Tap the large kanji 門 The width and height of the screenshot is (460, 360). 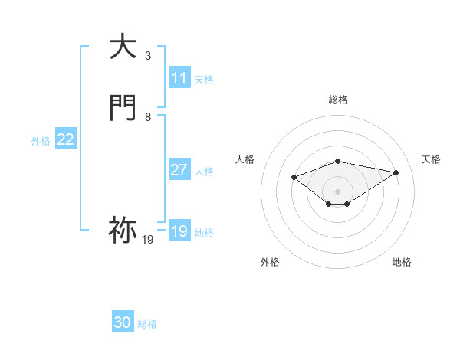tap(123, 108)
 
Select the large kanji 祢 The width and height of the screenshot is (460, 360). tap(123, 229)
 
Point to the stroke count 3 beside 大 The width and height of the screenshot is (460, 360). tap(148, 56)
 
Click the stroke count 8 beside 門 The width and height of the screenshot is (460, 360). tap(148, 117)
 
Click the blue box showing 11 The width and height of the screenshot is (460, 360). tap(179, 78)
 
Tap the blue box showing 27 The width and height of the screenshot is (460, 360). tap(179, 170)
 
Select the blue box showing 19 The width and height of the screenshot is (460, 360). tap(179, 231)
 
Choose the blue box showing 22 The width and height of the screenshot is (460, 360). tap(66, 139)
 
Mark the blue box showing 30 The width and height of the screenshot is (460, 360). tap(123, 322)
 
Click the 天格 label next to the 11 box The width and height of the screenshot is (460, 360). tap(204, 80)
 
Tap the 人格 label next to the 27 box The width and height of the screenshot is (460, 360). tap(204, 172)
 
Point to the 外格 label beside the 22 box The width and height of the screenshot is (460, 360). tap(41, 141)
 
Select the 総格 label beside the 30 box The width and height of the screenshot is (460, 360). tap(147, 324)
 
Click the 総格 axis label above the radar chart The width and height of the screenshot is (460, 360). tap(337, 100)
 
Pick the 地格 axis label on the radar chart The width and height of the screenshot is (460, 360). tap(402, 262)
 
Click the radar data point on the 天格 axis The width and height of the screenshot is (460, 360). tap(396, 172)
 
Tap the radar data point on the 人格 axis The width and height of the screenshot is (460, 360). tap(294, 177)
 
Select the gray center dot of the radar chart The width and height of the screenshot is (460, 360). tap(337, 191)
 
